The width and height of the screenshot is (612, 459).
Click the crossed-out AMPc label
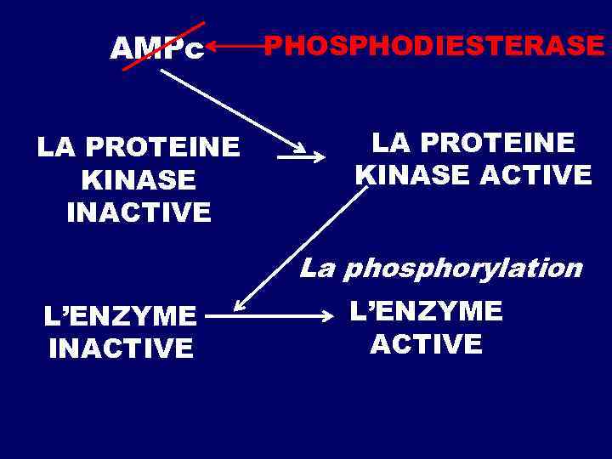pos(158,50)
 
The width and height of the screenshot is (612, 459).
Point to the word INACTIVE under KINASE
pos(139,212)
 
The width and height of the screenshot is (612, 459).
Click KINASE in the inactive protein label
pos(139,179)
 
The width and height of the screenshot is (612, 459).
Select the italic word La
pos(318,269)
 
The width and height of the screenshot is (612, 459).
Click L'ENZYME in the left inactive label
pos(120,316)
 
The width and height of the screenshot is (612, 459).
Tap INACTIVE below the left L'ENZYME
pos(121,348)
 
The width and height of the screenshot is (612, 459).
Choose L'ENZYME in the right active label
pos(426,311)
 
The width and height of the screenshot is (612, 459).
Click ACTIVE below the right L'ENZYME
pos(426,343)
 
